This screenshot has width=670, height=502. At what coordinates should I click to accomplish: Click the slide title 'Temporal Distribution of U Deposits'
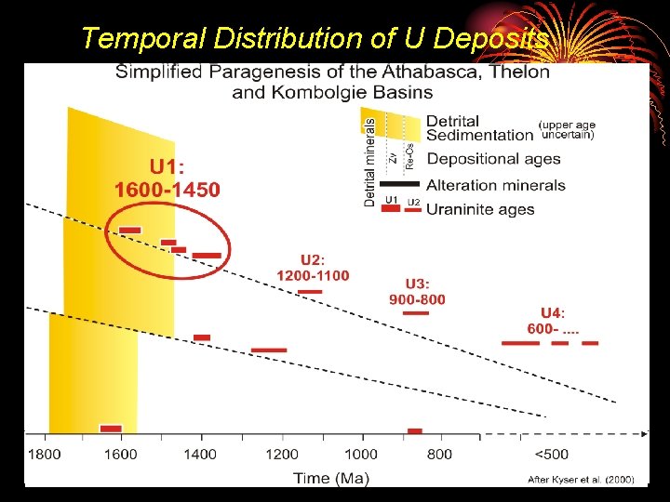click(x=315, y=38)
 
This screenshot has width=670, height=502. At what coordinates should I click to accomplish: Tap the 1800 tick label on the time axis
click(x=44, y=455)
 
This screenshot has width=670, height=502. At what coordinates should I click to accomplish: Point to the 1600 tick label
click(x=120, y=455)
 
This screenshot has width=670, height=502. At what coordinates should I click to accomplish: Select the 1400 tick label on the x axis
click(x=200, y=455)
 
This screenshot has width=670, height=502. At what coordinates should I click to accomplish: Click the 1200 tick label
click(x=282, y=455)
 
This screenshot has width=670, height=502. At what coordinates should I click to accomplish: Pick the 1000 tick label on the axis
click(x=361, y=455)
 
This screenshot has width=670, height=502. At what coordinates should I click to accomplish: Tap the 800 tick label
click(x=440, y=455)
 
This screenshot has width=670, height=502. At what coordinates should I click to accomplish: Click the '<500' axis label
click(x=551, y=455)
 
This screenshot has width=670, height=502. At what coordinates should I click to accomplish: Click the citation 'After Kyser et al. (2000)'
click(x=581, y=480)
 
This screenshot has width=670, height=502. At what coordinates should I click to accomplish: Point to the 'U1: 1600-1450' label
click(x=167, y=178)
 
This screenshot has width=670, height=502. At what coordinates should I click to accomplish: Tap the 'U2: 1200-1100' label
click(x=313, y=267)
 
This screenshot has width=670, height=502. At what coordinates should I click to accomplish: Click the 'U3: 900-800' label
click(x=417, y=291)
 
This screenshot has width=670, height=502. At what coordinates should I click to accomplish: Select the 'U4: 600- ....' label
click(x=553, y=321)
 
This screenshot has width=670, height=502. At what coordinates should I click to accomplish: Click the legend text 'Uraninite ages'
click(x=480, y=209)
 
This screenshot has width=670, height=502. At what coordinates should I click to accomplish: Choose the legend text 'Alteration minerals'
click(x=495, y=185)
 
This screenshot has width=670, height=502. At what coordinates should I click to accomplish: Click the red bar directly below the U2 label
click(x=310, y=292)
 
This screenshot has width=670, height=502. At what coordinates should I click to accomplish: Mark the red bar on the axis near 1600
click(x=111, y=429)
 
